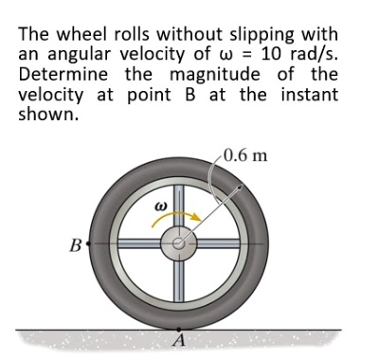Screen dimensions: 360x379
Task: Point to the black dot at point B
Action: pos(88,243)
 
